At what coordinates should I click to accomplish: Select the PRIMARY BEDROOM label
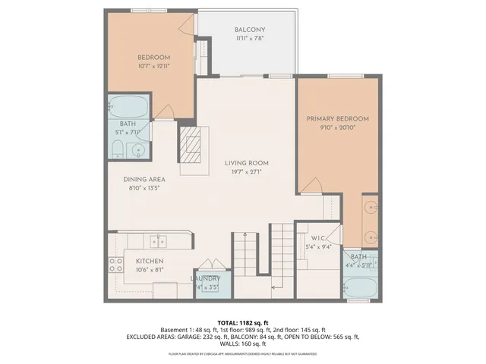coord(338,119)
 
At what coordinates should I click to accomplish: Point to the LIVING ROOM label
coord(246,163)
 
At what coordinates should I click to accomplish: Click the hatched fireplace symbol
coord(192,144)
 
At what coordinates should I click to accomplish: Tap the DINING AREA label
coord(144,180)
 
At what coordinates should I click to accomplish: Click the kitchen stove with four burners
coord(117,265)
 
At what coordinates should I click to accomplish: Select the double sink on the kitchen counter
coord(157,242)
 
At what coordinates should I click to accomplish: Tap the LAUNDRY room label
coord(205,278)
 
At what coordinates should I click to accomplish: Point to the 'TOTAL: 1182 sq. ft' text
coord(243,322)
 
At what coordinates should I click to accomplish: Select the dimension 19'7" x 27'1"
coord(246,171)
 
